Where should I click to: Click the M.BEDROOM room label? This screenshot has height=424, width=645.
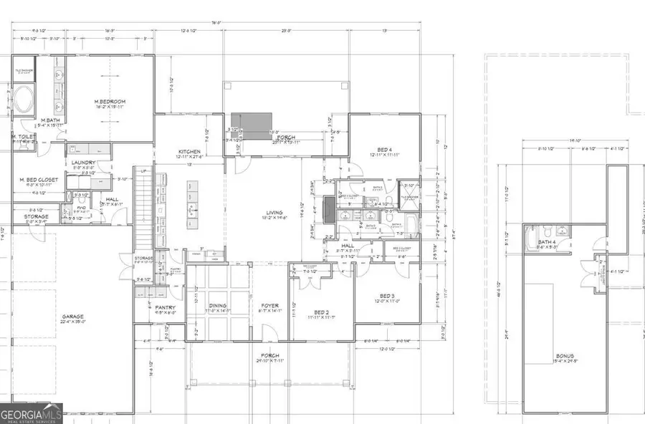[x=110, y=102]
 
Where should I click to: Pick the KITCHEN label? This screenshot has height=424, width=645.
[x=190, y=152]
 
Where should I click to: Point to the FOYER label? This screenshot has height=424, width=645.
[x=269, y=306]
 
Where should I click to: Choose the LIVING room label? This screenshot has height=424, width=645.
[x=274, y=213]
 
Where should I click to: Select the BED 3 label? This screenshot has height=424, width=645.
[x=387, y=296]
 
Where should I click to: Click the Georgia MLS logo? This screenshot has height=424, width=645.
[x=32, y=413]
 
